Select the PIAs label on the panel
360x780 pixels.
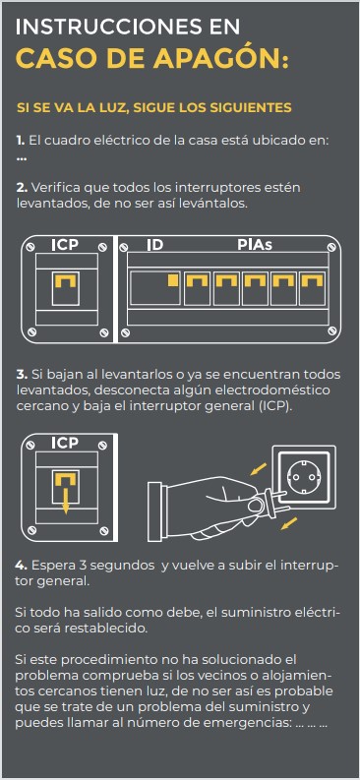(x=255, y=245)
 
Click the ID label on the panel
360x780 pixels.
(x=154, y=245)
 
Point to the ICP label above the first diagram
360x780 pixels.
(x=65, y=245)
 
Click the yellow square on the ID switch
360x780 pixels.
(x=173, y=280)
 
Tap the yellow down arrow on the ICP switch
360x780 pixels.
(x=65, y=497)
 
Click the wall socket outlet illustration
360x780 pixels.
(x=304, y=478)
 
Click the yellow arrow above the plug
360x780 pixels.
(x=258, y=469)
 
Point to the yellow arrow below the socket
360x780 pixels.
(x=289, y=523)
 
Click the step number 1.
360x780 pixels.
(x=21, y=141)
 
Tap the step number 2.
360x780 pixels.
(x=22, y=188)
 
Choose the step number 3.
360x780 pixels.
(x=22, y=374)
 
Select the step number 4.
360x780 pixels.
(x=22, y=566)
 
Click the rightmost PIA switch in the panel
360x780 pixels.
(x=312, y=288)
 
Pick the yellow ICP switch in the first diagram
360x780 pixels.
(x=65, y=282)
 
